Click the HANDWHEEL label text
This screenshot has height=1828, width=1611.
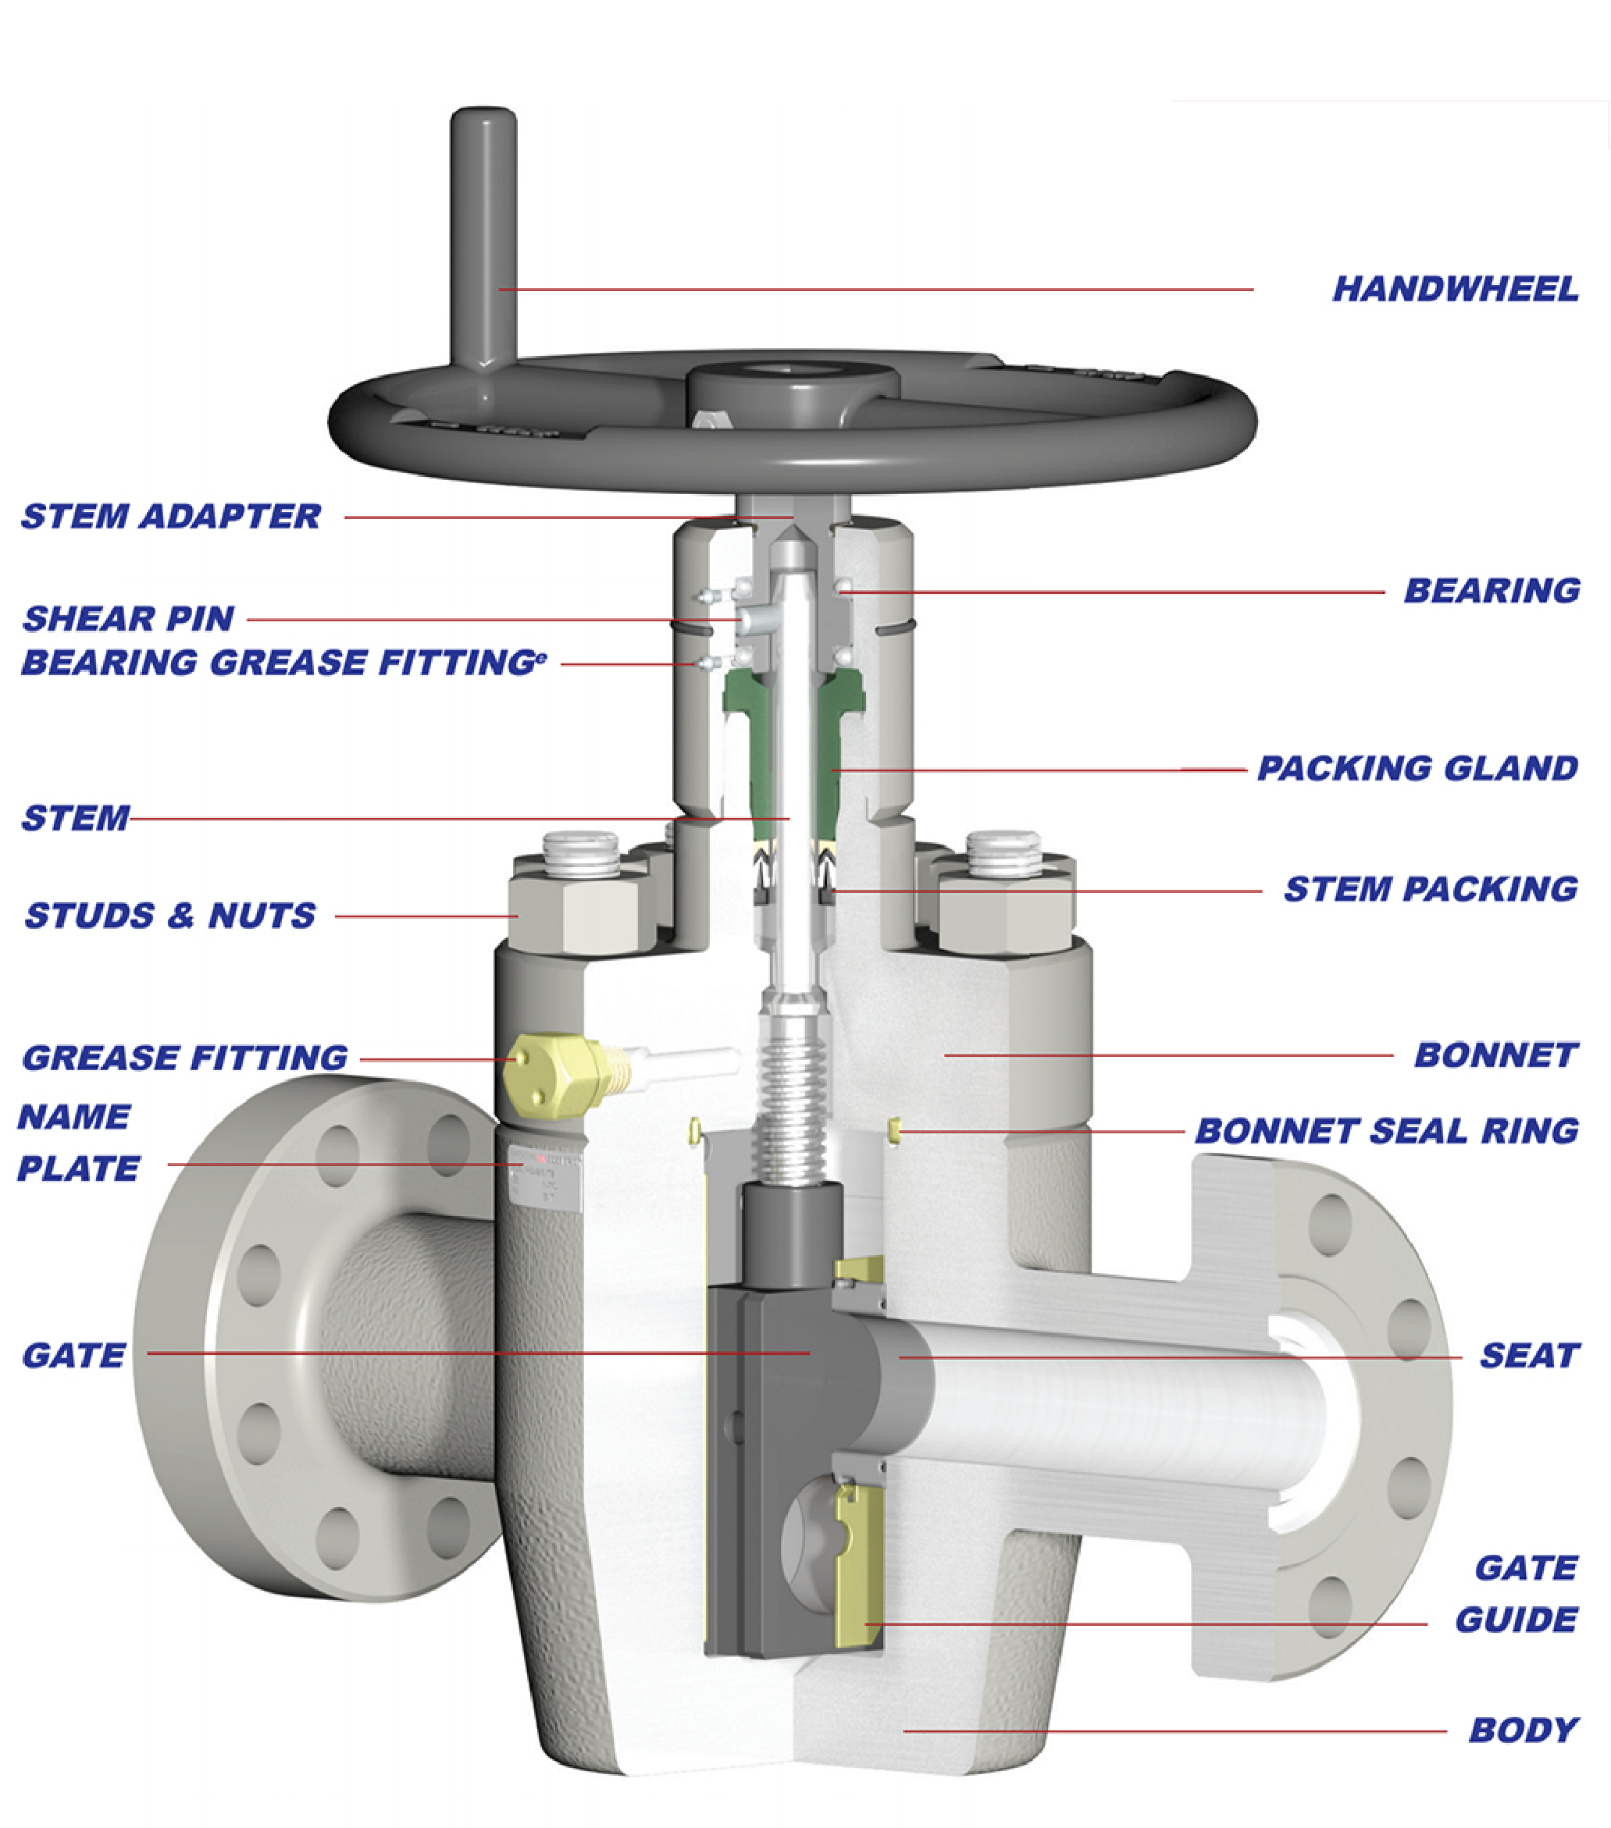(1455, 289)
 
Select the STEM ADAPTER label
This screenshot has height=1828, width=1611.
(171, 516)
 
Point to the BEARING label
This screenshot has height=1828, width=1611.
(1492, 590)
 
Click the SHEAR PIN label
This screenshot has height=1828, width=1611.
(129, 618)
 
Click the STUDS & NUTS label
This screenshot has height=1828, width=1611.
(170, 916)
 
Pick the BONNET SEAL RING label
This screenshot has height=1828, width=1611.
(1386, 1130)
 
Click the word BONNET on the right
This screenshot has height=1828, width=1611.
(1495, 1055)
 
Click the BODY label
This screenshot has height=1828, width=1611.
(1524, 1730)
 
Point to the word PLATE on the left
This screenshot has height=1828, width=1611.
(79, 1169)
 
